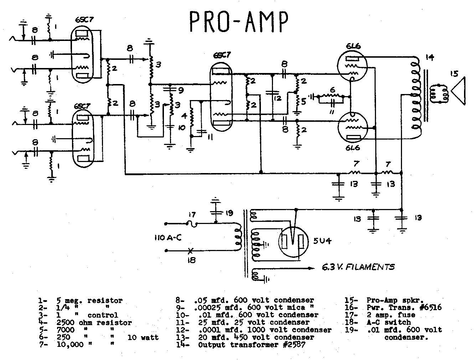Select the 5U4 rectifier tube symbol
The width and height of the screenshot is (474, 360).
(x=292, y=241)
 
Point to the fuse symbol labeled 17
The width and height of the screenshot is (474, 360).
(x=192, y=224)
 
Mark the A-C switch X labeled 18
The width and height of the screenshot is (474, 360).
(x=191, y=250)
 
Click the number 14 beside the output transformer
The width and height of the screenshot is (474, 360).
(x=430, y=57)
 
